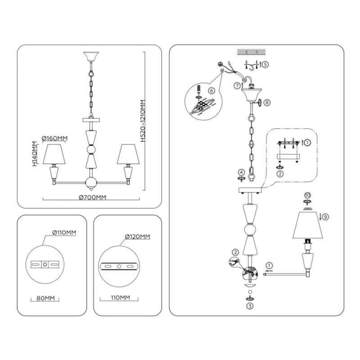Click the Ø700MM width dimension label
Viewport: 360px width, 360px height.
coord(93,198)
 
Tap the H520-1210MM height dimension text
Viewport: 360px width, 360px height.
coord(143,121)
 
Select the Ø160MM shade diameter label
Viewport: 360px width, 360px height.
coord(54,139)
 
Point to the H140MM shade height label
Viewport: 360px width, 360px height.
coord(35,153)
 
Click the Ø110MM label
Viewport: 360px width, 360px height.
coord(64,233)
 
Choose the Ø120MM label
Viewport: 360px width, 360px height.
coord(138,237)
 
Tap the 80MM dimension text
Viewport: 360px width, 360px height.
coord(46,298)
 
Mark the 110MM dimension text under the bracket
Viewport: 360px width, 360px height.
coord(120,298)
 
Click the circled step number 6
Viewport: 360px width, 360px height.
coord(211,91)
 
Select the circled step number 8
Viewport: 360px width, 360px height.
coord(267,103)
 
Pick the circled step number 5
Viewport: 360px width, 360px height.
coord(265,64)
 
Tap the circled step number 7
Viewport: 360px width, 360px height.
coord(237,85)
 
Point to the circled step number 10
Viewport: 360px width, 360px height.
coord(307,195)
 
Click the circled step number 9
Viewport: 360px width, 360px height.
coord(325,217)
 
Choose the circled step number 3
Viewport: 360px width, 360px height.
coord(250,306)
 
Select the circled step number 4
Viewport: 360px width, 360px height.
coord(241,172)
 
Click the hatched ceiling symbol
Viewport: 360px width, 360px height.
coord(251,52)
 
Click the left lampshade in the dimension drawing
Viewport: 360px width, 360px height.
coord(54,154)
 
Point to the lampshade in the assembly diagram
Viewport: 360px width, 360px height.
coord(308,225)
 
